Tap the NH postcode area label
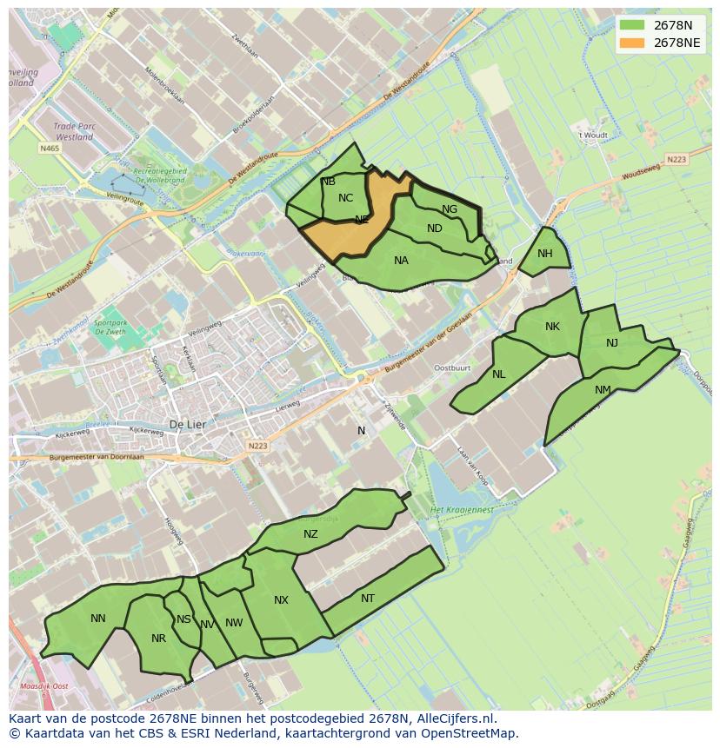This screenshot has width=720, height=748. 545,254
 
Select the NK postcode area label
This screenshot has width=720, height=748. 552,327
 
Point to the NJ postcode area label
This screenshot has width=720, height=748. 612,343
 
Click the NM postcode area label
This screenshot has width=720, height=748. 603,390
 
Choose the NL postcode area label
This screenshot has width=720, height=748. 498,374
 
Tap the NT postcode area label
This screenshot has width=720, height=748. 368,599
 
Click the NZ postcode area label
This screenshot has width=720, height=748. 310,534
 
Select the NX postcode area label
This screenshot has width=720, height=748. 281,600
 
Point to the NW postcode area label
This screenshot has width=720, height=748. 234,623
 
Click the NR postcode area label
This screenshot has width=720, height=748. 158,639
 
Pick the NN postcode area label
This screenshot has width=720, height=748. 98,619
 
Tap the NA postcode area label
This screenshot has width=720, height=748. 401,261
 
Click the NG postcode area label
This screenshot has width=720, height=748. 450,209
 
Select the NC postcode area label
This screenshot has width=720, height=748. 345,198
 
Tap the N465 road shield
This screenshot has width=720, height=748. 50,149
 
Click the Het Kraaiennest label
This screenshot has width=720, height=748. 462,509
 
